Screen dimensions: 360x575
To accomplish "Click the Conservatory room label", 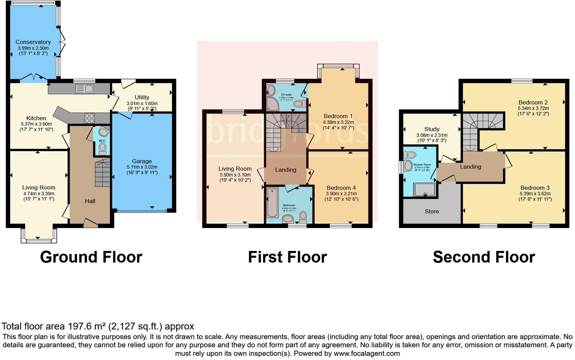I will pyautogui.click(x=33, y=42).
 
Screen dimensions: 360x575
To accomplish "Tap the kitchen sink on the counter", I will pyautogui.click(x=85, y=89).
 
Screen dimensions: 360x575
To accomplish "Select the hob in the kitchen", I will pyautogui.click(x=89, y=118).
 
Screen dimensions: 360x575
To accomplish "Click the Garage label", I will pyautogui.click(x=142, y=161).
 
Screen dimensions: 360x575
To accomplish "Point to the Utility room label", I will pyautogui.click(x=142, y=97).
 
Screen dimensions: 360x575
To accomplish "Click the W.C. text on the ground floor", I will pyautogui.click(x=102, y=141).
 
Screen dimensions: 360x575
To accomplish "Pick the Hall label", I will pyautogui.click(x=90, y=201).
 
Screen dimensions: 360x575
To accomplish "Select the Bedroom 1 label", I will pyautogui.click(x=338, y=116).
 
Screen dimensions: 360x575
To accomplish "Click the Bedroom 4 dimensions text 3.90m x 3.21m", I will pyautogui.click(x=341, y=194).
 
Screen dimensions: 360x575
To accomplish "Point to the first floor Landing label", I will pyautogui.click(x=286, y=170).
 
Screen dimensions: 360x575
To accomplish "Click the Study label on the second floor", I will pyautogui.click(x=432, y=129).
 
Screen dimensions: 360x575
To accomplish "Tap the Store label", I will pyautogui.click(x=432, y=211).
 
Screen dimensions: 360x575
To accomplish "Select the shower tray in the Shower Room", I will pyautogui.click(x=424, y=189).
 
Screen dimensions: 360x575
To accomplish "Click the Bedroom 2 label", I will pyautogui.click(x=533, y=102).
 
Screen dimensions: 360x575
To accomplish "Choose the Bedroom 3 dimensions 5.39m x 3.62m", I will pyautogui.click(x=535, y=194).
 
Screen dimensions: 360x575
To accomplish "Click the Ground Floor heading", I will pyautogui.click(x=91, y=257).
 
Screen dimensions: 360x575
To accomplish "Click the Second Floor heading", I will pyautogui.click(x=484, y=257).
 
